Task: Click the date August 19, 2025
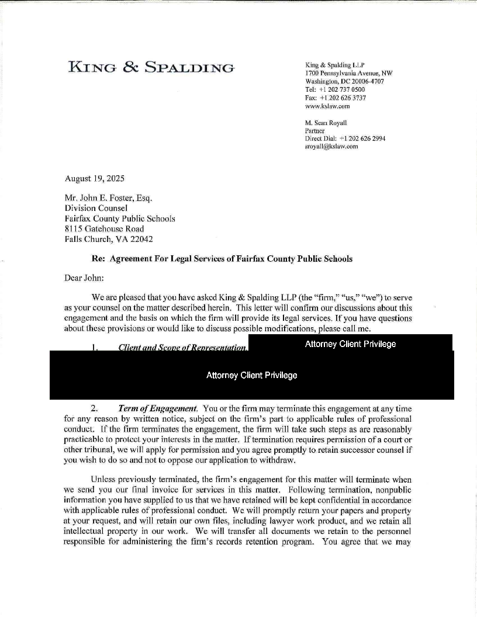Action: [x=94, y=178]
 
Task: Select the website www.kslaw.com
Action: [x=327, y=106]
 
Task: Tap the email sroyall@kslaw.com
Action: [x=331, y=147]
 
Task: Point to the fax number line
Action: [x=336, y=98]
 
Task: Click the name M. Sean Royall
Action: [x=326, y=123]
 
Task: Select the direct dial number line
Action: [x=345, y=138]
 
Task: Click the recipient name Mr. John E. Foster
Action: [x=108, y=198]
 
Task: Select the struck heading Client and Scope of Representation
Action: [x=182, y=348]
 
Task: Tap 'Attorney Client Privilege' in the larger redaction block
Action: [x=251, y=375]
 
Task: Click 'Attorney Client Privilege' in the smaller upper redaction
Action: [x=350, y=344]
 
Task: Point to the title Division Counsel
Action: [x=96, y=208]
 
